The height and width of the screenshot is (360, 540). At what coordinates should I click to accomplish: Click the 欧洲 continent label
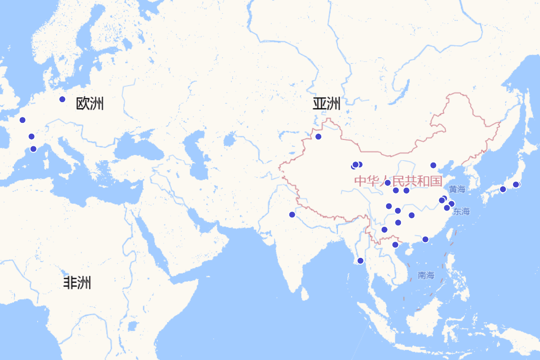pos(90,103)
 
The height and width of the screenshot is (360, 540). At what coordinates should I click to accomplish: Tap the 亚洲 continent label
pos(327,103)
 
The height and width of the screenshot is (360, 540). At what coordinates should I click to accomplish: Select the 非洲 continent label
pos(77,283)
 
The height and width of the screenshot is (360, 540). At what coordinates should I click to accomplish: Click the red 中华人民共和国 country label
pos(398,181)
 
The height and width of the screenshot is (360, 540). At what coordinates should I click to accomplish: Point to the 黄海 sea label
pos(457,189)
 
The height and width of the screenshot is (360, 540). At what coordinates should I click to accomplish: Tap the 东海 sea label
pos(462,211)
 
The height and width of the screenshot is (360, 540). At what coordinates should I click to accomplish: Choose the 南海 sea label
pos(426,275)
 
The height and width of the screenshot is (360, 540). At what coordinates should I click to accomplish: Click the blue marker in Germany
pos(62,99)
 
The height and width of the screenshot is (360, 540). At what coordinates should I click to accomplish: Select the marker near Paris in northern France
pos(22,120)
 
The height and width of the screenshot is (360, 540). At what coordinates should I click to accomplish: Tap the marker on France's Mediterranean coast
pos(33,149)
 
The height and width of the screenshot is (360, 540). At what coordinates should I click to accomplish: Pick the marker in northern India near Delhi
pos(292,215)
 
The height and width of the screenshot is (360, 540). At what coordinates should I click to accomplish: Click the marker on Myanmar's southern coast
pos(360,261)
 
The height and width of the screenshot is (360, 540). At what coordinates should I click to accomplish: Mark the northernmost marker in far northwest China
pos(318,136)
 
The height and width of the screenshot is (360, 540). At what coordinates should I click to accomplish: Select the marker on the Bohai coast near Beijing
pos(433,165)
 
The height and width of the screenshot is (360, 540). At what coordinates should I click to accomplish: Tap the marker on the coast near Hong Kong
pos(425,239)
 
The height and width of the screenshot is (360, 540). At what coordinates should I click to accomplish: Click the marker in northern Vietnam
pos(395,245)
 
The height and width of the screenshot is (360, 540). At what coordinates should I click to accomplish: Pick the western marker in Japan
pos(503,189)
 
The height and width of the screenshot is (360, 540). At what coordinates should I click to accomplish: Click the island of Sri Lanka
pos(305,294)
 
